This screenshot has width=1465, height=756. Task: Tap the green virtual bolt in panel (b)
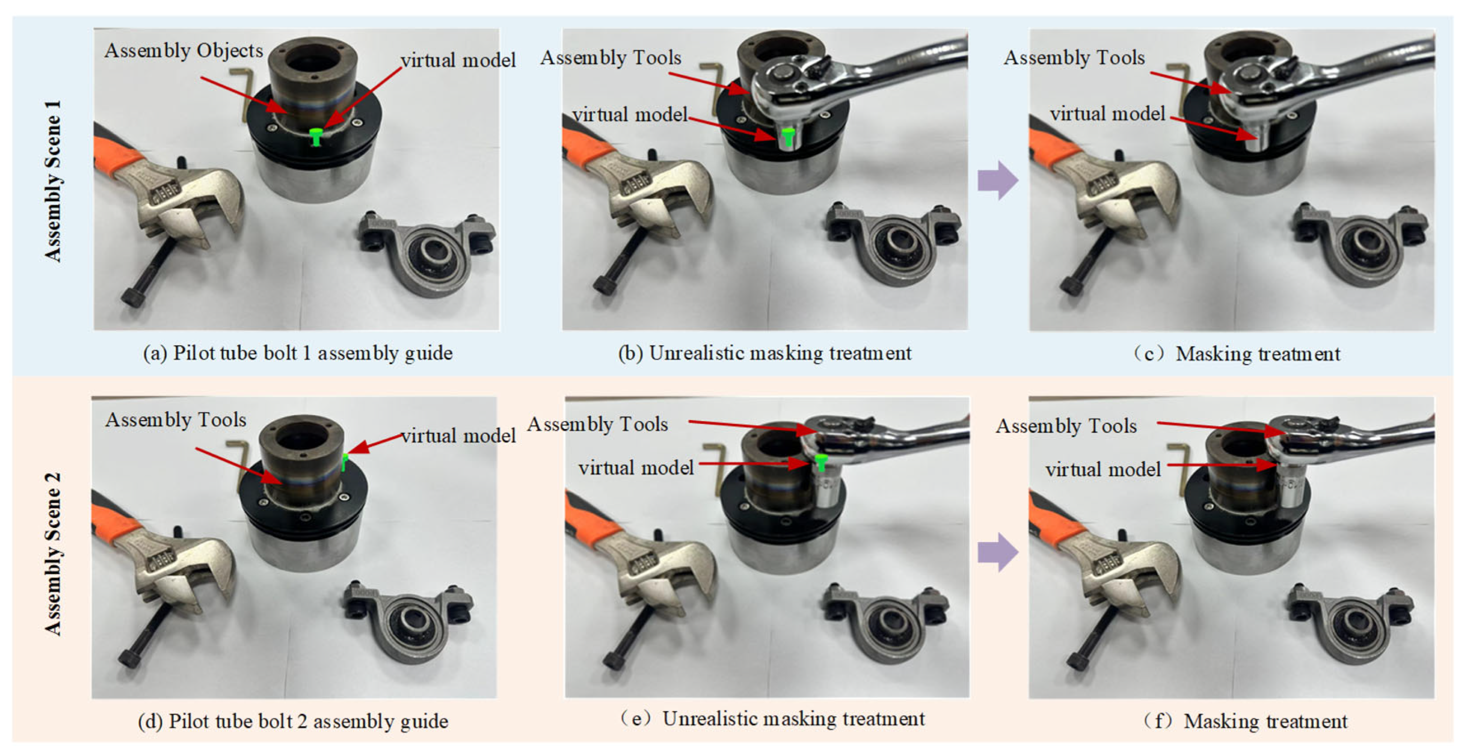tap(787, 138)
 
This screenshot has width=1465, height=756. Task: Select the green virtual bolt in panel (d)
tap(345, 462)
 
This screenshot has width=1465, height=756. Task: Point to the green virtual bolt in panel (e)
tap(820, 462)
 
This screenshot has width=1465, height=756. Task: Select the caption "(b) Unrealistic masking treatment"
tap(764, 353)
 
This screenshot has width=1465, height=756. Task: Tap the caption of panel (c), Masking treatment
tap(1235, 354)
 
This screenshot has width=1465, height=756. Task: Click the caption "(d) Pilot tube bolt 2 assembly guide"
tap(293, 721)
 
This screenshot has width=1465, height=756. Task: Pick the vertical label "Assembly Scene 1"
tap(53, 182)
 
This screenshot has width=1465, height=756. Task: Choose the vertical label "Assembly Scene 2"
tap(53, 554)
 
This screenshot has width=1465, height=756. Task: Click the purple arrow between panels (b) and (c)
tap(998, 180)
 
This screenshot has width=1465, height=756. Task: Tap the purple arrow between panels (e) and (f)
tap(998, 552)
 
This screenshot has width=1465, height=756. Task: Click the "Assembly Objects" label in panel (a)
tap(184, 51)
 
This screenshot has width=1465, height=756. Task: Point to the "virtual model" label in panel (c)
tap(1107, 114)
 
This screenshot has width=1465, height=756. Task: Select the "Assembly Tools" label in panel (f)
tap(1066, 425)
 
